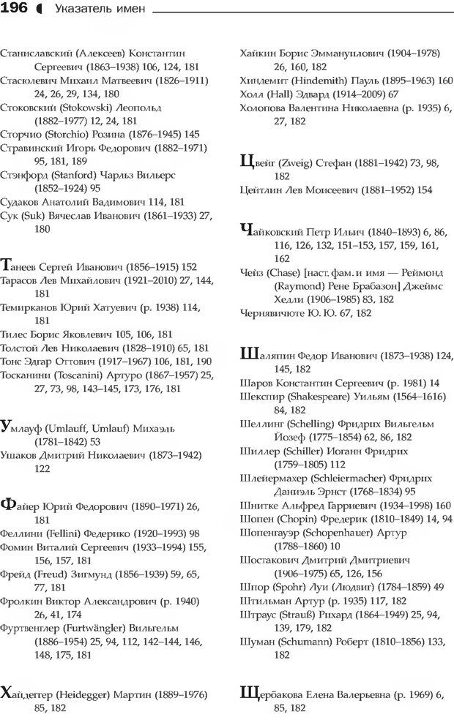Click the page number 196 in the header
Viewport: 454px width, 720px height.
point(15,9)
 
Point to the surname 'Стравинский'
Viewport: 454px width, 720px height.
point(31,148)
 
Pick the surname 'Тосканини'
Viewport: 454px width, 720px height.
point(26,375)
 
